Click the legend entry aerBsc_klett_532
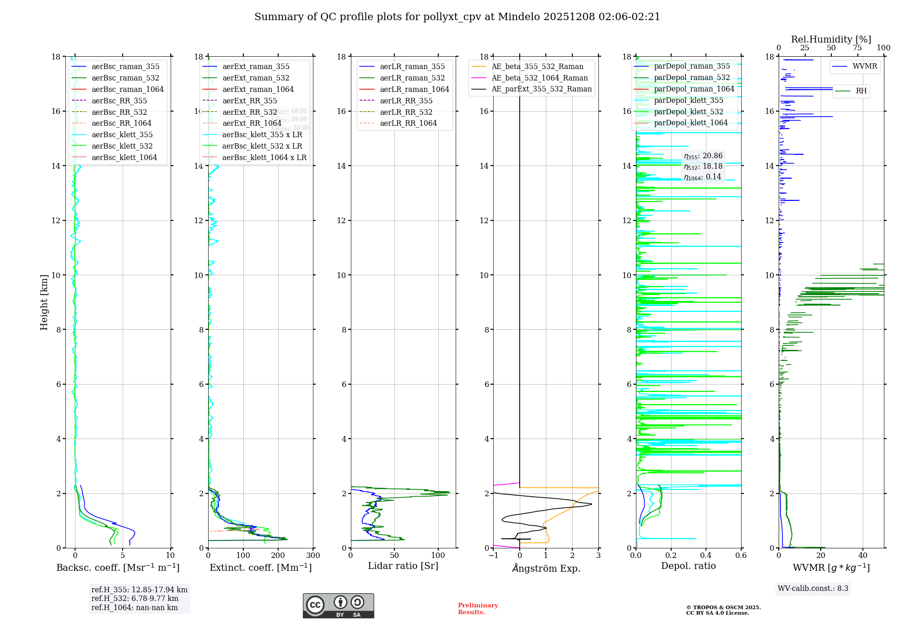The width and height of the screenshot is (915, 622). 122,146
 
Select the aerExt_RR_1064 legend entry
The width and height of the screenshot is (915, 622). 252,123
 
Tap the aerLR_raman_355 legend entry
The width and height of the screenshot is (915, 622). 412,66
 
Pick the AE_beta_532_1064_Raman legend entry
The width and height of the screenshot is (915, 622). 539,78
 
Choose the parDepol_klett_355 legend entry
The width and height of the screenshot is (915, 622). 689,100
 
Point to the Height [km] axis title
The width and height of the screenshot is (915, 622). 44,302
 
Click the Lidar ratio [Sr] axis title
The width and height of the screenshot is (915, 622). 403,566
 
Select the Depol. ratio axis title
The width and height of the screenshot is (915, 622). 688,566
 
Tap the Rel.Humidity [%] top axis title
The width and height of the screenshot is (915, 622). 831,39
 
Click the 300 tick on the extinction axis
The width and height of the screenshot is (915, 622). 313,556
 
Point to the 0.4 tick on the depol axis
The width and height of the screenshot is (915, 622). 706,556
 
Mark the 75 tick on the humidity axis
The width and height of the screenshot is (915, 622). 857,48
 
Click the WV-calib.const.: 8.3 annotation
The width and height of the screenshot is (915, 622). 813,589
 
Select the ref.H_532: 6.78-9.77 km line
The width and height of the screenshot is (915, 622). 135,599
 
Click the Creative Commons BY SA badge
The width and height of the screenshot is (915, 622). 338,606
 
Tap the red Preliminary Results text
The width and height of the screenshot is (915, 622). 478,609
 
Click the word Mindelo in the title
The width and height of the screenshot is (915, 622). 519,17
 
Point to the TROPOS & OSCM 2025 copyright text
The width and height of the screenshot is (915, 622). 723,608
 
